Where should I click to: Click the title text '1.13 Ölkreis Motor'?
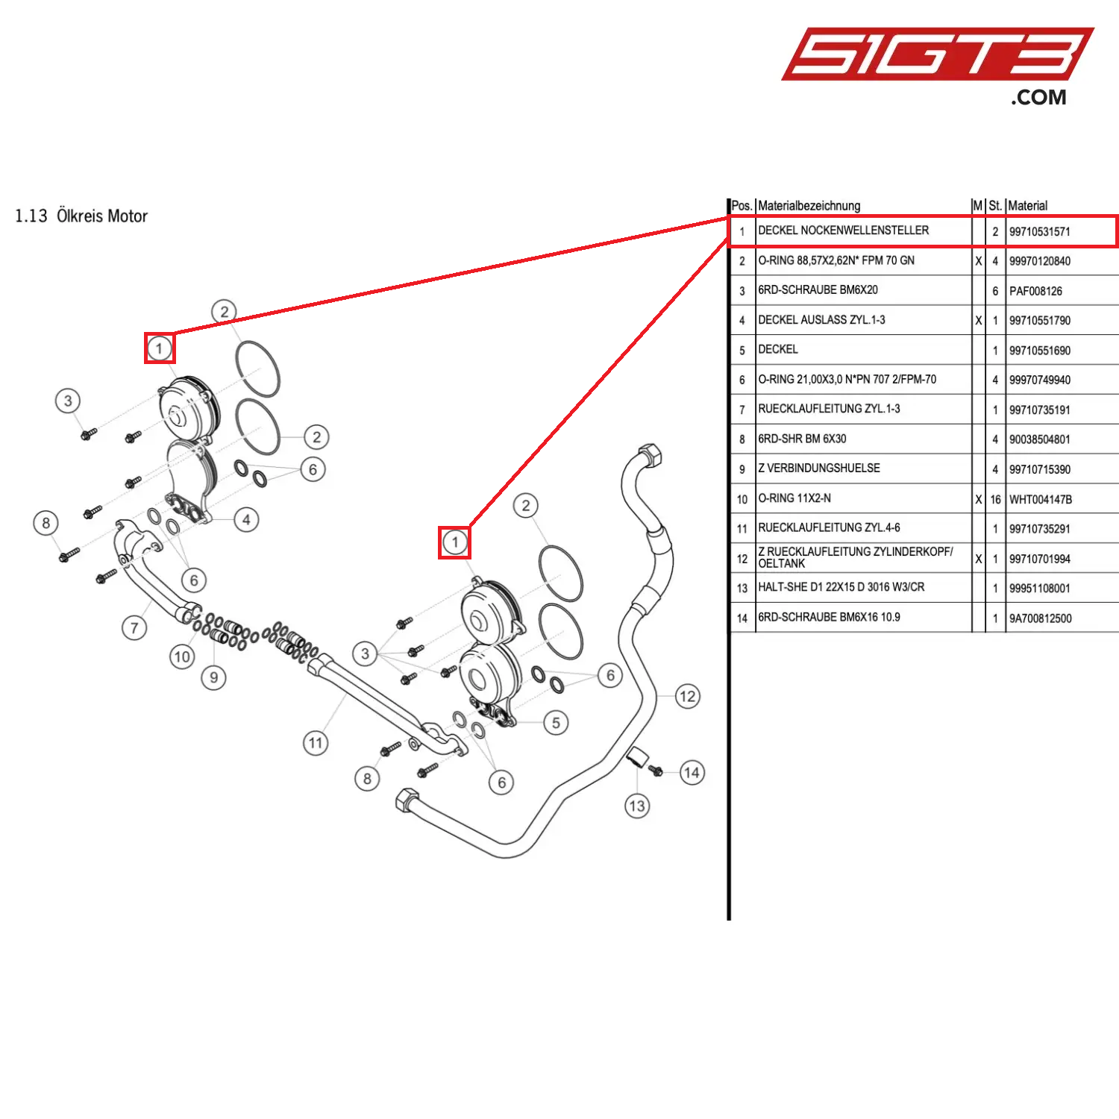[x=81, y=216]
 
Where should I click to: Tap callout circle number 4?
[x=246, y=520]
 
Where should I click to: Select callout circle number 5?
[x=556, y=723]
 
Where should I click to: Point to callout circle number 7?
[x=134, y=627]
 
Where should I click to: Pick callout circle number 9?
[x=213, y=677]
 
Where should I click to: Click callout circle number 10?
[x=182, y=656]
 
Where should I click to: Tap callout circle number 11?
[x=316, y=743]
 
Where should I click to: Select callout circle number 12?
[x=687, y=697]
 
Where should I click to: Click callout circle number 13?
[x=637, y=806]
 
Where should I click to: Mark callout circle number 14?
[x=692, y=773]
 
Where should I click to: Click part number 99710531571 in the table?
[x=1039, y=232]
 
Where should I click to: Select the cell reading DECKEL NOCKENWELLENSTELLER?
[x=843, y=231]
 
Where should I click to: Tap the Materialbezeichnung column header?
[x=809, y=206]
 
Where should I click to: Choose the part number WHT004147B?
[x=1040, y=500]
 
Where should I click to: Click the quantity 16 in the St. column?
[x=995, y=500]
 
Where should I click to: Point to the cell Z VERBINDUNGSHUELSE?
[x=818, y=468]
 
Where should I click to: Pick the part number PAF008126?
[x=1035, y=292]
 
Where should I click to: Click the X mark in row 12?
[x=978, y=559]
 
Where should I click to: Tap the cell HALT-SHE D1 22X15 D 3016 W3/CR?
[x=841, y=587]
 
